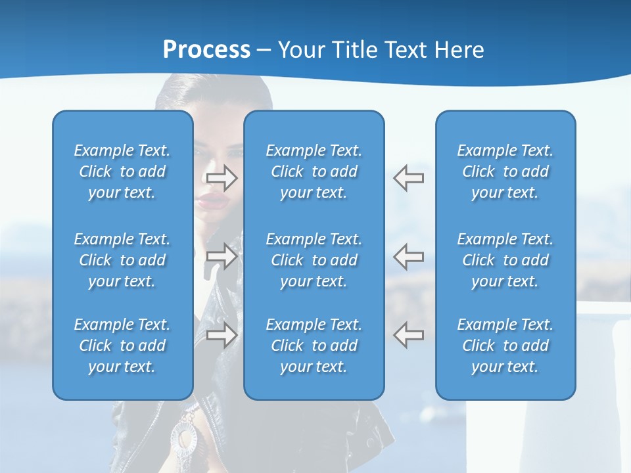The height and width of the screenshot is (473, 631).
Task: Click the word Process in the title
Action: pyautogui.click(x=206, y=50)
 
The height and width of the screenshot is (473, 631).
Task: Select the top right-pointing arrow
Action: pyautogui.click(x=222, y=177)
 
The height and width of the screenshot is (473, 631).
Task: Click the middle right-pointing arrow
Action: pyautogui.click(x=222, y=256)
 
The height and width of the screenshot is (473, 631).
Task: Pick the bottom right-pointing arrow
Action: pyautogui.click(x=222, y=335)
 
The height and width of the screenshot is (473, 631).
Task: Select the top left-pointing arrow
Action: pyautogui.click(x=408, y=177)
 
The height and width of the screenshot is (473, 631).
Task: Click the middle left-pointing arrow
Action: pyautogui.click(x=408, y=256)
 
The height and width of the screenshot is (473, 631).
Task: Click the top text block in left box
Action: pyautogui.click(x=122, y=171)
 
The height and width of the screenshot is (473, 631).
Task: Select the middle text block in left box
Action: pyautogui.click(x=122, y=260)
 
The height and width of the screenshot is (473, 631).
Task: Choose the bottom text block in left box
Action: pyautogui.click(x=122, y=346)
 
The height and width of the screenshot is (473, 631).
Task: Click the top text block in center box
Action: pyautogui.click(x=314, y=171)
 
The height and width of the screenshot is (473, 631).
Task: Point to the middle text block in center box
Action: pyautogui.click(x=314, y=260)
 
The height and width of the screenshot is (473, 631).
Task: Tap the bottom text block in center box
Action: pyautogui.click(x=314, y=346)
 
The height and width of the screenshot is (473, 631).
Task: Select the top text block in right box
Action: pyautogui.click(x=505, y=171)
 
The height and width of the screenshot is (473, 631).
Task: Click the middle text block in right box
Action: pyautogui.click(x=505, y=260)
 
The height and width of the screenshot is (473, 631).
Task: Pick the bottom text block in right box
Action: pyautogui.click(x=505, y=346)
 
